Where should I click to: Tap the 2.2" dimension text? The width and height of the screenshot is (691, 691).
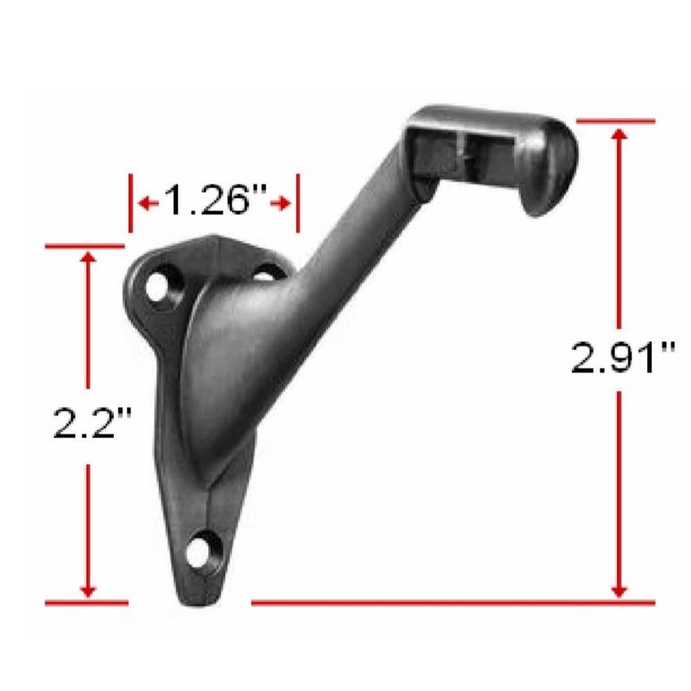[87, 423]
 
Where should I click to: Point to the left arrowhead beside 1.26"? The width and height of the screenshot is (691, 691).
[146, 203]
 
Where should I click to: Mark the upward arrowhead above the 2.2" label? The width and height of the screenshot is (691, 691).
[87, 258]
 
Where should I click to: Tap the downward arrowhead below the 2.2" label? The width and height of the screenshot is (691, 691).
[87, 589]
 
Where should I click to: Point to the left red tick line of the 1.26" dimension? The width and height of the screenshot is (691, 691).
[130, 203]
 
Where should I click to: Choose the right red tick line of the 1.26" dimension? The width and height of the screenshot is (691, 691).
[297, 203]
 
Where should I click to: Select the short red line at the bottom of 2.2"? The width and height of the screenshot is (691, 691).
[86, 600]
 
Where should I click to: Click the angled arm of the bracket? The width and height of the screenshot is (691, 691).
[345, 250]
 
